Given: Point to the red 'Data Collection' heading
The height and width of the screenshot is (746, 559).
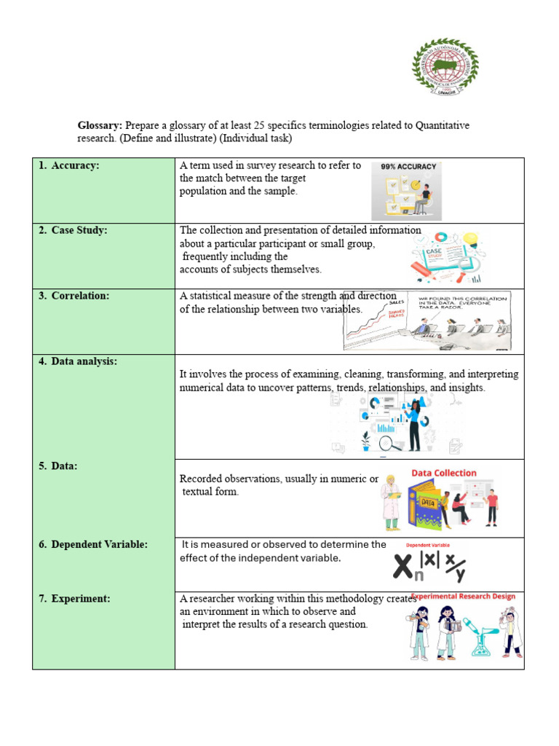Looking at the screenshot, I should (x=444, y=473).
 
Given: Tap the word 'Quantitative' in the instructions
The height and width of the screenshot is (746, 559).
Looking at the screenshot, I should (x=443, y=126).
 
